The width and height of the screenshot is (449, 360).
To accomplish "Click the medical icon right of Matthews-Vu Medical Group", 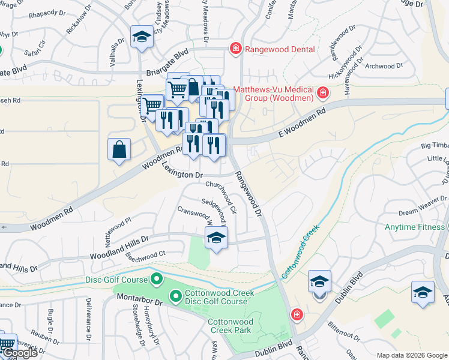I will coord(323,92).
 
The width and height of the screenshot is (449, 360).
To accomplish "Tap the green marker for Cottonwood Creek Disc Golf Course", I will coord(176,296).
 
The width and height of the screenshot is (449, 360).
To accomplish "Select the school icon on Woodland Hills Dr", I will coord(216,238).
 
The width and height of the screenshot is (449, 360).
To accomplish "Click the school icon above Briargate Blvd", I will coord(142,37).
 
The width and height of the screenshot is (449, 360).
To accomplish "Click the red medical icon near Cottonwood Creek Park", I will coord(296,314).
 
